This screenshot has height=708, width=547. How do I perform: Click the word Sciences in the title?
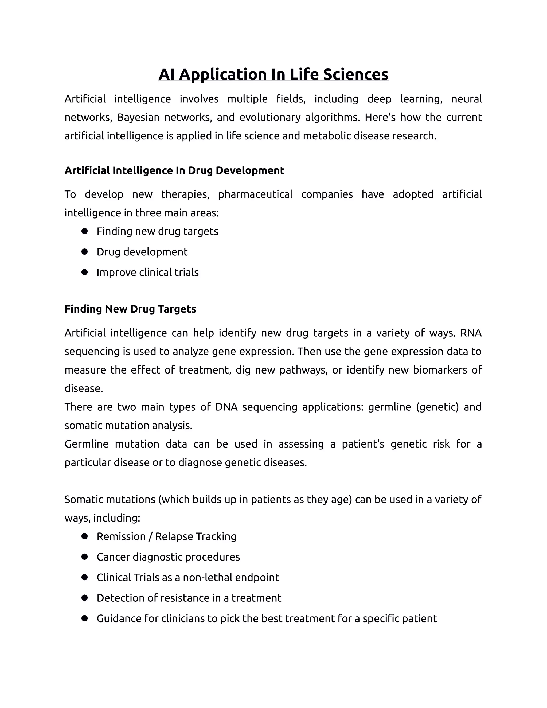pos(355,74)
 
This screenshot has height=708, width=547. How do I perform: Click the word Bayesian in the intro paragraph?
pos(138,117)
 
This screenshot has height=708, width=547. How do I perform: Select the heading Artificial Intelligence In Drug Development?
pos(174,170)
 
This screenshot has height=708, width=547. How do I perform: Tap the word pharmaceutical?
pos(255,194)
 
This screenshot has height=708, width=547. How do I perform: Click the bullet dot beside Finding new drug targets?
pos(85,231)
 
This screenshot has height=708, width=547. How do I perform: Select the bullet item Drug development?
pos(142,252)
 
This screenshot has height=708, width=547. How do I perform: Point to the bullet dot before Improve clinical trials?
pos(85,272)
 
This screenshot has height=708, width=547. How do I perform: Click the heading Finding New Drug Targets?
pos(130,309)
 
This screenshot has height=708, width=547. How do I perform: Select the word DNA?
pos(226,407)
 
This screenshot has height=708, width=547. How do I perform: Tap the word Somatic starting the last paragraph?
pos(84,500)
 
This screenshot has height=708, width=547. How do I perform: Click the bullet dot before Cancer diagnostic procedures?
pos(85,557)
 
